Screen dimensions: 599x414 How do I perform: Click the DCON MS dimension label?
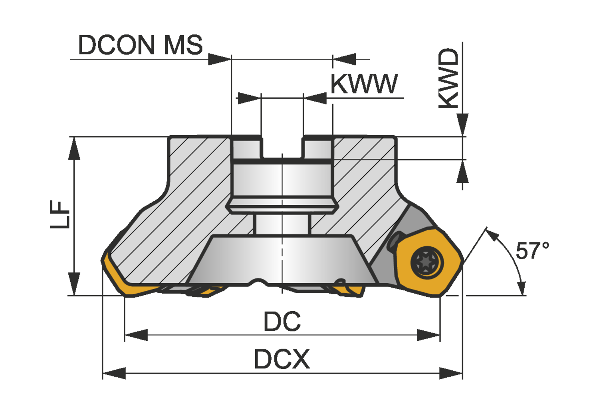click(x=141, y=45)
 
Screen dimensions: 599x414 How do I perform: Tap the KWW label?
click(x=364, y=84)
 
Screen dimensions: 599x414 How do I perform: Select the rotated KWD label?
click(x=448, y=78)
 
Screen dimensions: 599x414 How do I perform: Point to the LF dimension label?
click(x=60, y=214)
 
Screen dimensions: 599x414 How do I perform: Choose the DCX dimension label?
click(x=282, y=359)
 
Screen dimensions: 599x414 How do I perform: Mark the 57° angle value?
click(x=532, y=250)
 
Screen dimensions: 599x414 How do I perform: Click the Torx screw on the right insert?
click(x=427, y=262)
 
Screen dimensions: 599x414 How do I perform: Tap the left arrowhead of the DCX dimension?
click(x=114, y=373)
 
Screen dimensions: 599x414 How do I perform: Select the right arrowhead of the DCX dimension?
click(x=451, y=373)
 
